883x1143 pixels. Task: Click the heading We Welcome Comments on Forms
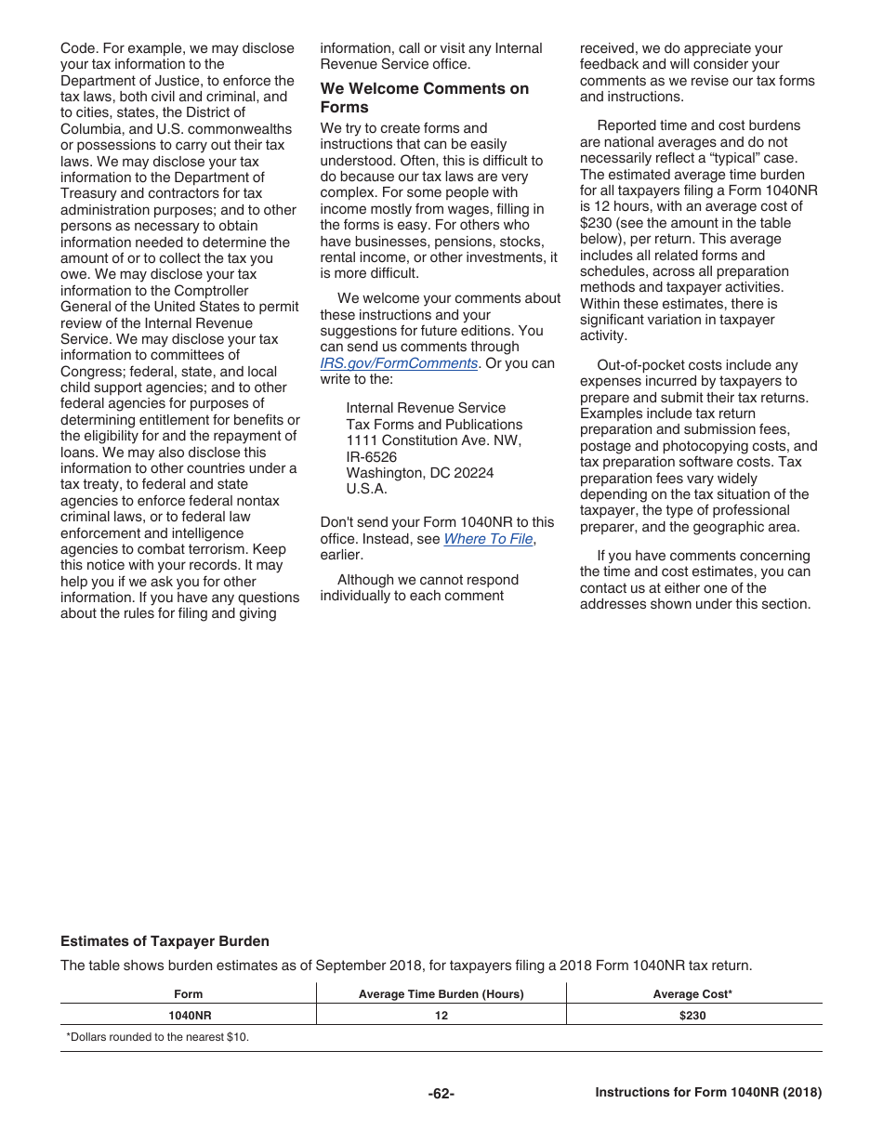(x=424, y=98)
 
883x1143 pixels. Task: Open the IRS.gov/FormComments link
(x=399, y=363)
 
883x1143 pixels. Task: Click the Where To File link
(x=488, y=539)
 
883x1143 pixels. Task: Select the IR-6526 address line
(x=371, y=456)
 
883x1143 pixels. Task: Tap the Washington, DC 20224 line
(x=419, y=473)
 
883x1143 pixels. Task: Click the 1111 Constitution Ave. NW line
(x=433, y=440)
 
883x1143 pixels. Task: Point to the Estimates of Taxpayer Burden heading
(x=165, y=941)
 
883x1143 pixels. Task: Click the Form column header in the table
(x=188, y=994)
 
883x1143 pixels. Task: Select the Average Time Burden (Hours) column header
(x=441, y=994)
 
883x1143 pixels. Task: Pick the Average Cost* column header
(x=692, y=994)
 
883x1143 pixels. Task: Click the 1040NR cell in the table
(x=188, y=1016)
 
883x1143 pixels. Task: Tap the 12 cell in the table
(x=441, y=1016)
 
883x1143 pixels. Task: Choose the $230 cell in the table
(x=692, y=1016)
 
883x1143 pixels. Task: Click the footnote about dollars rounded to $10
(x=157, y=1037)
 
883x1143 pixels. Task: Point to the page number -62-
(x=441, y=1094)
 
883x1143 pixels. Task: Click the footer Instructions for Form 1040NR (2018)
(x=708, y=1093)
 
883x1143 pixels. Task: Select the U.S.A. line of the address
(x=366, y=489)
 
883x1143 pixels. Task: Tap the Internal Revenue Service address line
(x=426, y=408)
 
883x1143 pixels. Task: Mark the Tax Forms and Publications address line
(x=434, y=424)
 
